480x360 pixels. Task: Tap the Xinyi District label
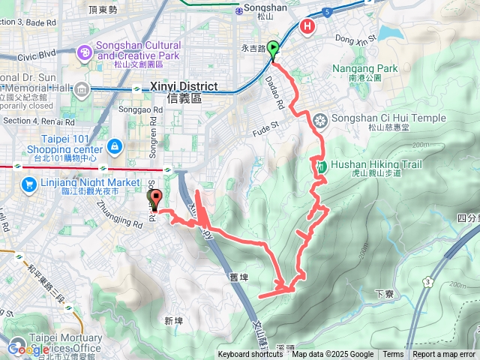(x=184, y=86)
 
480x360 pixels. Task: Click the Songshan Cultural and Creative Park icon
(x=85, y=51)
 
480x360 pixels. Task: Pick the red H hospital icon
(x=307, y=27)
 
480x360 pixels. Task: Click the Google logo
(x=28, y=349)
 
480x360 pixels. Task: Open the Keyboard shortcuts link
(x=250, y=355)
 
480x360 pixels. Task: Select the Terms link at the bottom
(x=393, y=355)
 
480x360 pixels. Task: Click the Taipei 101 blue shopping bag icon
(x=114, y=145)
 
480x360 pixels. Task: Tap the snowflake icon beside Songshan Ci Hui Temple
(x=320, y=120)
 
